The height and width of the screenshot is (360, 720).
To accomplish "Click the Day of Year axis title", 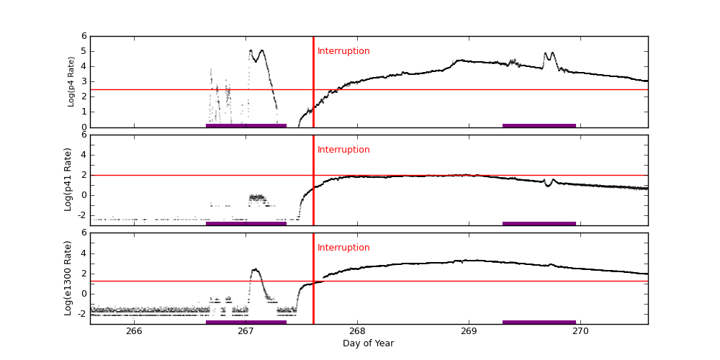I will tap(368, 343).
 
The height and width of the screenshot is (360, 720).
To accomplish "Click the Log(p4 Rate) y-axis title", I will tap(71, 81).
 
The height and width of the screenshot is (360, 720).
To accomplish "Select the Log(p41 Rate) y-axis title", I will tap(68, 179).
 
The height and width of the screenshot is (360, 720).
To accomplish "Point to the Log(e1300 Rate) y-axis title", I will tap(68, 278).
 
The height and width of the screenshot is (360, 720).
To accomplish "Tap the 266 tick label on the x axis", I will tap(134, 331).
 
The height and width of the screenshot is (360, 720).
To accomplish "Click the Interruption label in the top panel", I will tap(343, 51).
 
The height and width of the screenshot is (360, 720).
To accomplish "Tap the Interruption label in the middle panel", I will tap(343, 150).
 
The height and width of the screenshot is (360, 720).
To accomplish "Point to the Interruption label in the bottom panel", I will tap(343, 248).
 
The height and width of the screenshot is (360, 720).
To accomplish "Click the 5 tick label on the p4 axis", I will tap(84, 51).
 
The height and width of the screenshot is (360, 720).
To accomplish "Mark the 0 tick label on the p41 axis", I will tap(84, 194).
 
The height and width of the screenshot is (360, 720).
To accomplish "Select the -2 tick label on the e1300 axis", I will tap(81, 313).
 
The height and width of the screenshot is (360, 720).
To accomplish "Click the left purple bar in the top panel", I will tap(246, 125).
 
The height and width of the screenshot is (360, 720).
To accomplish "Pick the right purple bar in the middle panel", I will tap(539, 223).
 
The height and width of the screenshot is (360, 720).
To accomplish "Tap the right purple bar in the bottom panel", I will tap(539, 322).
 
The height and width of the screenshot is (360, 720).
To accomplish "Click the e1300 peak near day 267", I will tap(256, 270).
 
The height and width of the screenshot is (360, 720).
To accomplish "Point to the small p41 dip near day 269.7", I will tap(549, 185).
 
